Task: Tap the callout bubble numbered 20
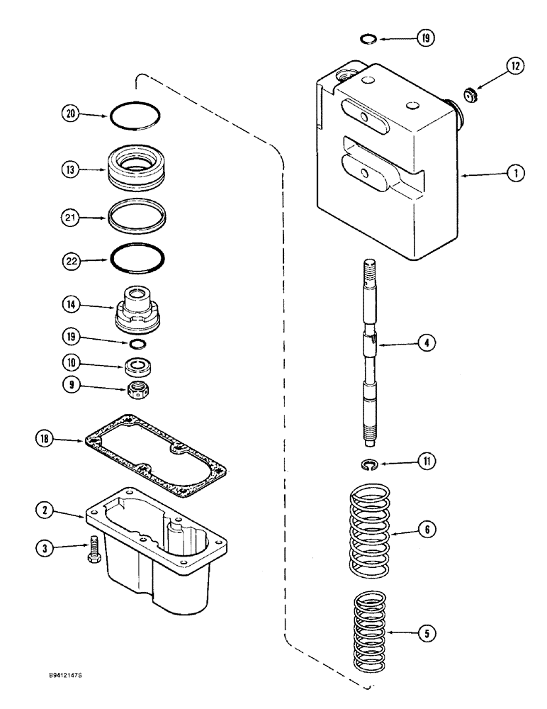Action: (70, 114)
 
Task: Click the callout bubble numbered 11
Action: (427, 462)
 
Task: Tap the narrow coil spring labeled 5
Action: (369, 632)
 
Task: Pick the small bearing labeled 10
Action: (137, 367)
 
